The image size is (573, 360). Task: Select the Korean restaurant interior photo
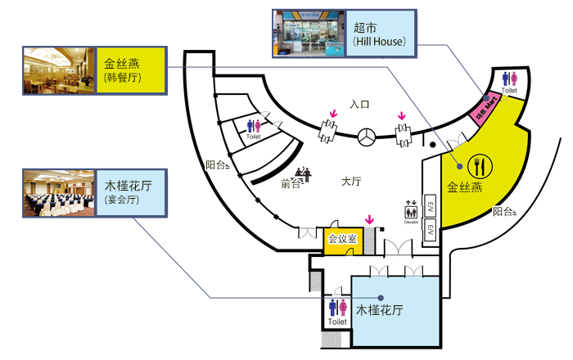tap(58, 70)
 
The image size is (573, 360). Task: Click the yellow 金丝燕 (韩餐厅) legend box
tap(130, 70)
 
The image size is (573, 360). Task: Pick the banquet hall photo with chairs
tap(58, 193)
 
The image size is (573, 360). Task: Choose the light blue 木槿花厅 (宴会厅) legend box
tap(130, 193)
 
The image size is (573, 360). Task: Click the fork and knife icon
tap(476, 164)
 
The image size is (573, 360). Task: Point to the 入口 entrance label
tap(359, 105)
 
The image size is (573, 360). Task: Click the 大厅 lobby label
tap(351, 181)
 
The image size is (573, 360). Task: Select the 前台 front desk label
tap(291, 184)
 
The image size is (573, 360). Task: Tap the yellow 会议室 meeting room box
tap(342, 239)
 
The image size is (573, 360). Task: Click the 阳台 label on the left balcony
tap(215, 165)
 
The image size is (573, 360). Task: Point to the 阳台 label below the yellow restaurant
tap(503, 212)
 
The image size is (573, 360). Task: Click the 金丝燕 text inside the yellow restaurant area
tap(465, 187)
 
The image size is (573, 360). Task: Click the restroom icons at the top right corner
tap(510, 79)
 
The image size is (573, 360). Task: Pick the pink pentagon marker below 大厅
tap(369, 214)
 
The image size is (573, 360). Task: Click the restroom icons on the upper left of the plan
tap(254, 124)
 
